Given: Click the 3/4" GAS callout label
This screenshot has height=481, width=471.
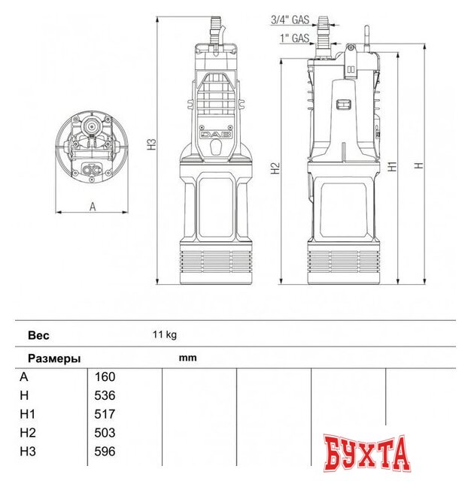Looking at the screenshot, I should click(x=290, y=20).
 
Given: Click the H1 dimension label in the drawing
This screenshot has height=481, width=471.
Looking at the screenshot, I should click(x=391, y=167).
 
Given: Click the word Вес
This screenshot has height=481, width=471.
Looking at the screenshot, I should click(x=38, y=335).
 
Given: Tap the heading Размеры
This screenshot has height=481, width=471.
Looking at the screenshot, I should click(x=54, y=358).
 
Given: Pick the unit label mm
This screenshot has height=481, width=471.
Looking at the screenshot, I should click(x=187, y=358).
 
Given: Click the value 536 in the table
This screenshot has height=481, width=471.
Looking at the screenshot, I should click(x=105, y=395).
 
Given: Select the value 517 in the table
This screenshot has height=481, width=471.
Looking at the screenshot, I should click(x=105, y=414).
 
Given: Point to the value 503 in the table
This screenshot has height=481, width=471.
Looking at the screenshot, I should click(x=105, y=433).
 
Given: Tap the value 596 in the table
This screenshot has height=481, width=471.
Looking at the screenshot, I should click(x=105, y=452).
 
